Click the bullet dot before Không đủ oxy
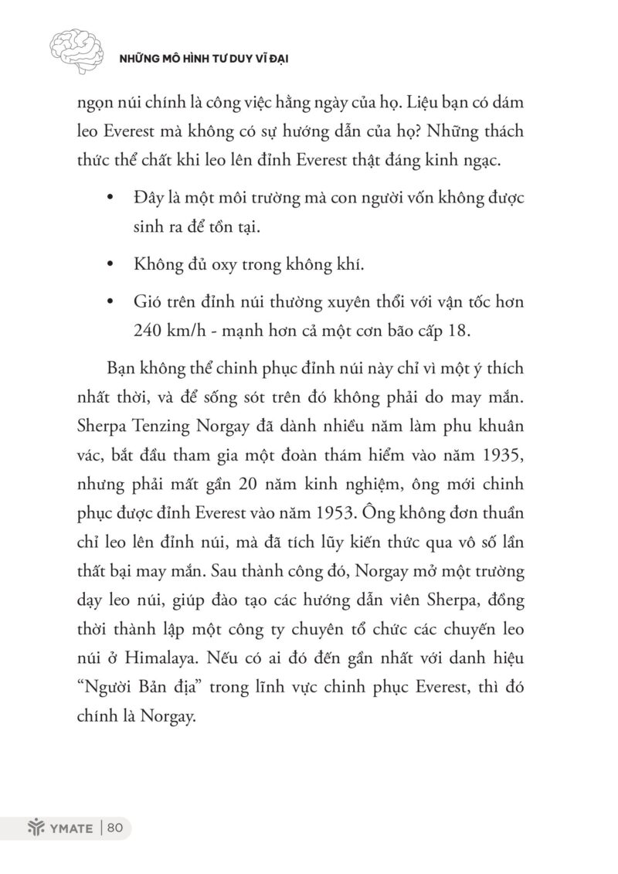pyautogui.click(x=114, y=265)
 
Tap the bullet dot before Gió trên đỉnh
pyautogui.click(x=114, y=299)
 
